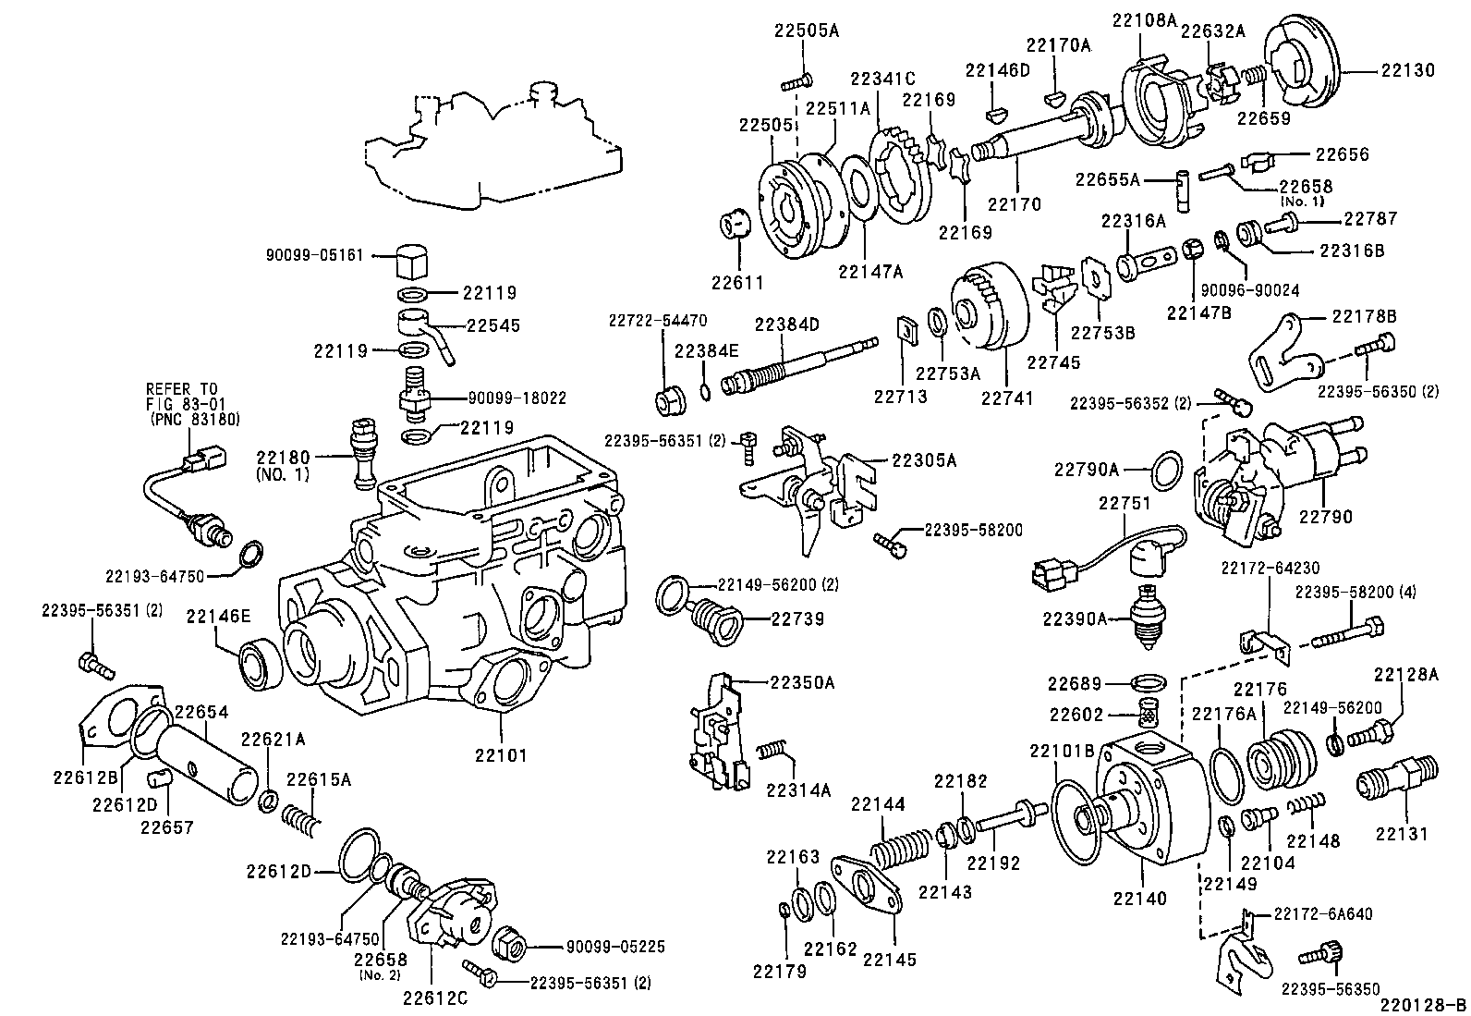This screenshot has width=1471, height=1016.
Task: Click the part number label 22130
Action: click(1408, 70)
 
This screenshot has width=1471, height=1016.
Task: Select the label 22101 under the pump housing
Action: click(501, 755)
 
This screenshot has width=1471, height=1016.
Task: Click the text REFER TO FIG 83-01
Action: click(182, 396)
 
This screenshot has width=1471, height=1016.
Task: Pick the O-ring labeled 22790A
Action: click(1168, 469)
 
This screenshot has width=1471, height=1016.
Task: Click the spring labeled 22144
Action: click(899, 849)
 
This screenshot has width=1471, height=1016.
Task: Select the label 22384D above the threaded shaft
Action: click(786, 324)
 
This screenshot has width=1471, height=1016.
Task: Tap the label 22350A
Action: click(802, 682)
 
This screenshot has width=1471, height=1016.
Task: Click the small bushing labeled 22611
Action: click(734, 224)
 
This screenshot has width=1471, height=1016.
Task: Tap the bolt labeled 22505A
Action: click(796, 82)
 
